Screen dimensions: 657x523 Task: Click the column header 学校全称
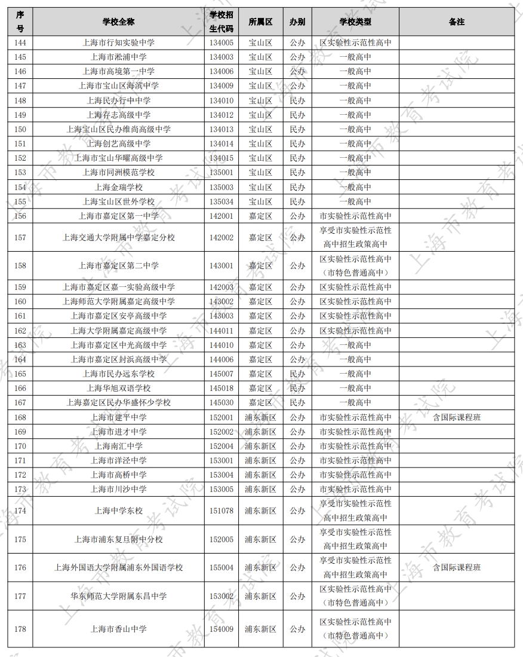(x=118, y=22)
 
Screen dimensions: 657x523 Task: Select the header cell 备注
(x=456, y=22)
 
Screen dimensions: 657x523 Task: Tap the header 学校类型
(x=355, y=22)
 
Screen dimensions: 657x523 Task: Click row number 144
(x=20, y=43)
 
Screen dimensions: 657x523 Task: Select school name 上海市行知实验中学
(x=118, y=43)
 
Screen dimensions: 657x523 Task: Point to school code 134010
(x=221, y=100)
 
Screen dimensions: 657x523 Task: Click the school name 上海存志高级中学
(x=118, y=115)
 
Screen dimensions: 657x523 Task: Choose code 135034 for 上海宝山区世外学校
(x=221, y=201)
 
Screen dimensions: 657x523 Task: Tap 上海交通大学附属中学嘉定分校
(x=118, y=237)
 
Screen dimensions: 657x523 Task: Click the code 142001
(x=221, y=216)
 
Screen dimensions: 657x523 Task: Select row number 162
(x=20, y=331)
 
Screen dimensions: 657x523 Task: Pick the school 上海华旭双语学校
(x=118, y=388)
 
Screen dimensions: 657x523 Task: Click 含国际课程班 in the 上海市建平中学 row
(x=456, y=417)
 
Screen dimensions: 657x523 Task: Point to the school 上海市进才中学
(x=118, y=432)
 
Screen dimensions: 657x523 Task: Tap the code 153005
(x=221, y=489)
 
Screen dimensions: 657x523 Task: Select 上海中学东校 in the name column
(x=118, y=511)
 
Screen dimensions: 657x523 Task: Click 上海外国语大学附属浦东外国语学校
(x=118, y=567)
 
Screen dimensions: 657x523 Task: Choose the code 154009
(x=221, y=629)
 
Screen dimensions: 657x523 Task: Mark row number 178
(x=20, y=629)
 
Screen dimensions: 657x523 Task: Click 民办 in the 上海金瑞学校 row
(x=297, y=187)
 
